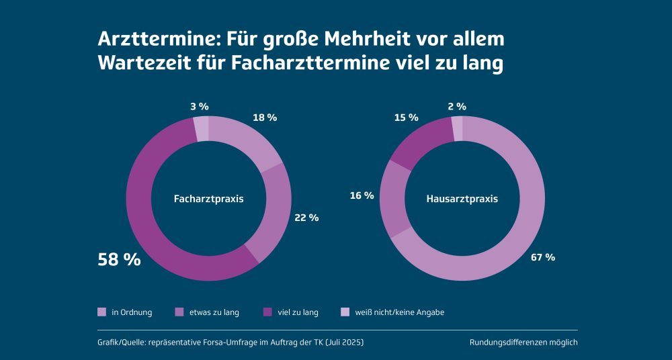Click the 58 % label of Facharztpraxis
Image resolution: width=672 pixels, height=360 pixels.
(x=120, y=259)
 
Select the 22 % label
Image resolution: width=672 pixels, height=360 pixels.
(x=306, y=218)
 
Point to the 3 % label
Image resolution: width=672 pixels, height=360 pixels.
(x=199, y=106)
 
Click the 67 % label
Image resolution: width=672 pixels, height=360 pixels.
(x=543, y=257)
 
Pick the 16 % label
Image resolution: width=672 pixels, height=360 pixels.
(x=362, y=195)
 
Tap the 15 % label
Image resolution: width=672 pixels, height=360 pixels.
(x=407, y=118)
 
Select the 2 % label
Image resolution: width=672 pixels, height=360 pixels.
(x=456, y=106)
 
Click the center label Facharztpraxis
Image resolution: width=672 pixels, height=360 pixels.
(x=208, y=199)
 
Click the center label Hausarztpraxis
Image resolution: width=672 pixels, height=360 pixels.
(x=462, y=199)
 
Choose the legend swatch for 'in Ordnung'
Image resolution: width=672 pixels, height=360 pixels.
(x=102, y=312)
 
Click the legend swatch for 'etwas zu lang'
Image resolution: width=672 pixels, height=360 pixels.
(x=179, y=312)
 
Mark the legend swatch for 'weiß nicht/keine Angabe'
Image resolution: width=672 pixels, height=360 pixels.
(x=345, y=312)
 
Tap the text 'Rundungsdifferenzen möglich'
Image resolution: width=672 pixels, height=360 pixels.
(x=523, y=343)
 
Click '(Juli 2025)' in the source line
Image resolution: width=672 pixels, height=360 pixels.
(x=344, y=343)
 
